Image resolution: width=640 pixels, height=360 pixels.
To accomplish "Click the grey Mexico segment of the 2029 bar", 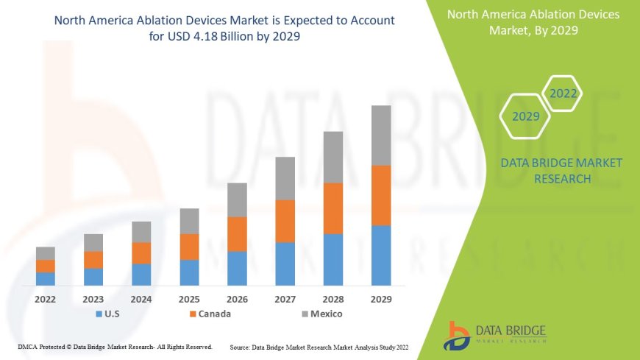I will (381, 135).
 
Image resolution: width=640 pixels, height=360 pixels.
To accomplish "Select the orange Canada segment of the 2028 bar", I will (333, 208).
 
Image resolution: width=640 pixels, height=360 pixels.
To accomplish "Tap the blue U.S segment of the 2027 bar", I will (285, 264).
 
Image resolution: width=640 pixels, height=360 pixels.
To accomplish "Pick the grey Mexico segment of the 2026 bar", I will (237, 200).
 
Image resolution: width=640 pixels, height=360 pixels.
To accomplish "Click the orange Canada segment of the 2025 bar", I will (189, 247).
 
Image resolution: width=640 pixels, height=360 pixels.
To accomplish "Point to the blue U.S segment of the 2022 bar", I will (46, 278).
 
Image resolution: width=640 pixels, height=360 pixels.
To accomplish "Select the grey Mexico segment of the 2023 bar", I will (93, 242).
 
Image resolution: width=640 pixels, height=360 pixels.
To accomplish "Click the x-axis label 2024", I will (141, 300).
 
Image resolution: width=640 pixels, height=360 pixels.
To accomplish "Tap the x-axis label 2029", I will (380, 300).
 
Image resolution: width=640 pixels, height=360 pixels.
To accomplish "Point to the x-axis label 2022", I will (46, 300).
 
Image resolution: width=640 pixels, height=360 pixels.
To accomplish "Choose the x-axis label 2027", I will (285, 300).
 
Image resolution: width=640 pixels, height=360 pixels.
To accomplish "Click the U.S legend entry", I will (108, 314).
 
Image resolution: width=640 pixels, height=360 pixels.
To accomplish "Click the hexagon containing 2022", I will (562, 93).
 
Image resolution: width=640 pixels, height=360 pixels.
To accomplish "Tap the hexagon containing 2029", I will (525, 116).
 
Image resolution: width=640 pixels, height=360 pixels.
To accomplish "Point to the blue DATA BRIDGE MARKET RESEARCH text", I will (561, 170).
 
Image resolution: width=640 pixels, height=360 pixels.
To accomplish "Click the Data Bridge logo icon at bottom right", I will (458, 335).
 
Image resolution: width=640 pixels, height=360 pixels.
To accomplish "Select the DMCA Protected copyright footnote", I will (115, 346).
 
